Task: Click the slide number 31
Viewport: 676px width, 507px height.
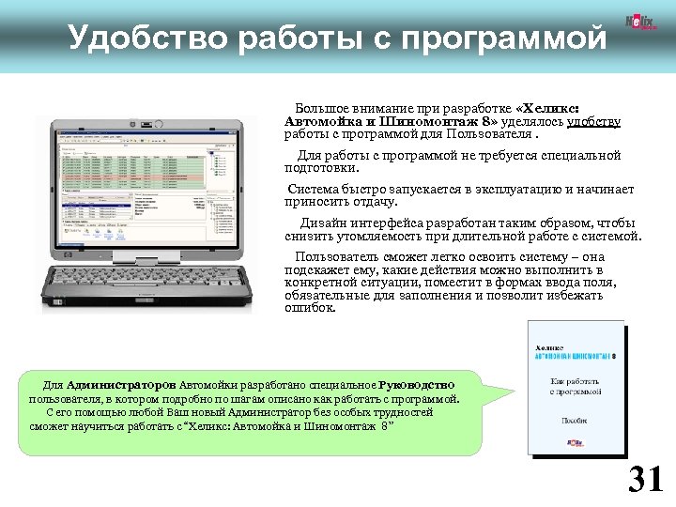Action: point(645,479)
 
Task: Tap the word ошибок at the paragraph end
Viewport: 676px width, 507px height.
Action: point(308,307)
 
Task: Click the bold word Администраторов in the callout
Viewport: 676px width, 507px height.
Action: point(121,385)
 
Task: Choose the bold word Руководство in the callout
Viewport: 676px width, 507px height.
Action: point(418,385)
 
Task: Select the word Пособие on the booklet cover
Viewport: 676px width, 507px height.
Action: point(575,422)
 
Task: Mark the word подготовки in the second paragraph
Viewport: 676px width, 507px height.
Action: point(320,168)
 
